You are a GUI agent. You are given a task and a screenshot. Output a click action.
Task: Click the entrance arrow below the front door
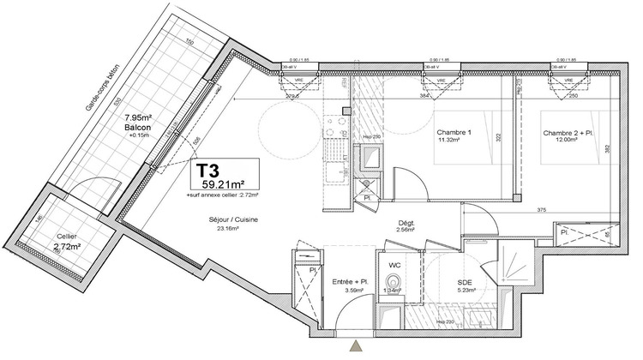355,347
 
